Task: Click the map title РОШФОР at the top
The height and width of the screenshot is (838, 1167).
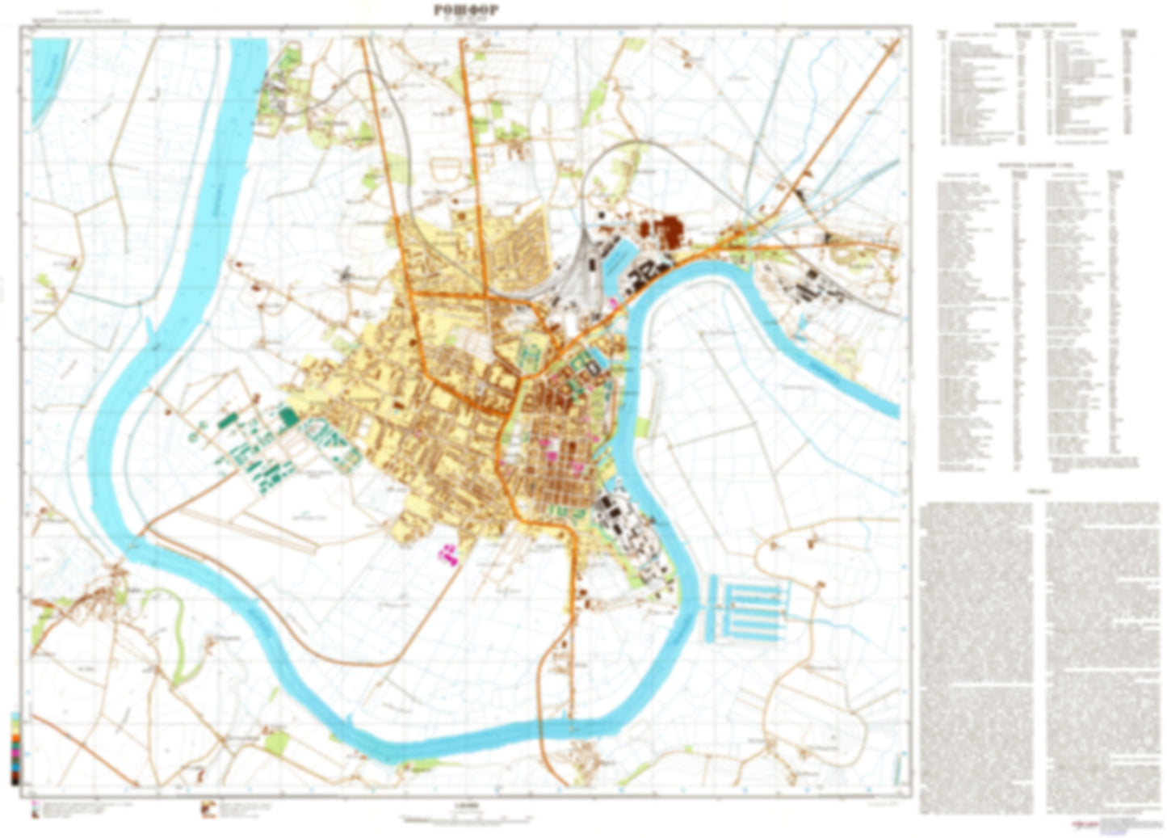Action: tap(466, 10)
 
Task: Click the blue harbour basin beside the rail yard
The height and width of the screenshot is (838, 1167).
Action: tap(619, 255)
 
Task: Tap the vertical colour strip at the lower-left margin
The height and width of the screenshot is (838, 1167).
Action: tap(15, 747)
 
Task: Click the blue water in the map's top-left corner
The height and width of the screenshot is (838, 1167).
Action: tap(48, 73)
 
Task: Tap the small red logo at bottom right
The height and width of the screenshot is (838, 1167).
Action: tap(1081, 823)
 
